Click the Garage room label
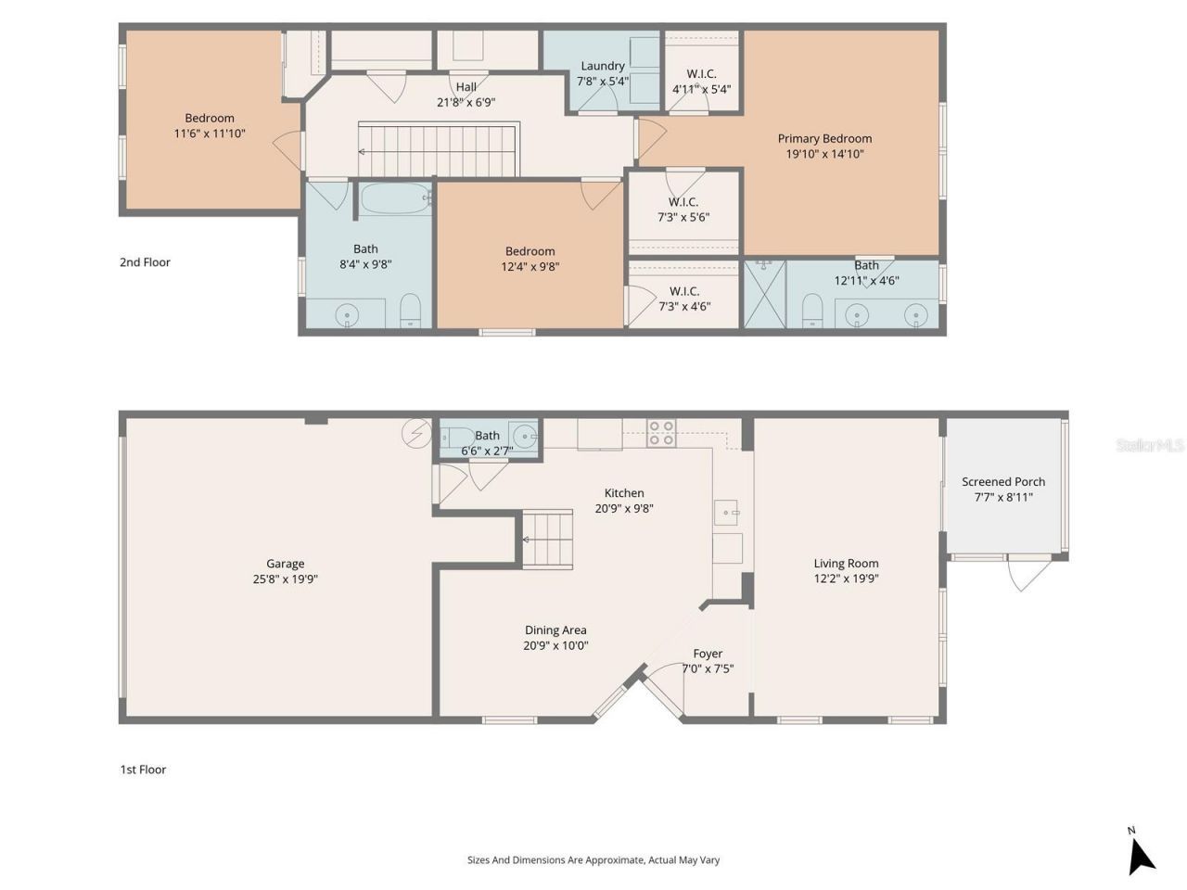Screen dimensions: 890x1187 (x=285, y=563)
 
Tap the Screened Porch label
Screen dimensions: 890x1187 (x=1002, y=481)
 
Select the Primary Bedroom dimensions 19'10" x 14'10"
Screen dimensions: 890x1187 (x=824, y=154)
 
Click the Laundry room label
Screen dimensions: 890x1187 (x=602, y=66)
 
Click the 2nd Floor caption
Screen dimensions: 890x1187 (x=145, y=262)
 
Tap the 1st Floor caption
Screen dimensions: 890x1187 (x=143, y=769)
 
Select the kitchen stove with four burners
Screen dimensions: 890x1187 (x=661, y=433)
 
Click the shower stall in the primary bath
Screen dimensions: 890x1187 (x=764, y=293)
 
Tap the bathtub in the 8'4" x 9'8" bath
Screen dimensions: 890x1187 (x=395, y=198)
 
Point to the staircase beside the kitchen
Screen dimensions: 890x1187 (x=547, y=539)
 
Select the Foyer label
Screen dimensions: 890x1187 (x=708, y=654)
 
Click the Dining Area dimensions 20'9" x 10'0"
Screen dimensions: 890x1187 (x=555, y=646)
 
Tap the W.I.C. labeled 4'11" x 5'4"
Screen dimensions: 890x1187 (x=701, y=90)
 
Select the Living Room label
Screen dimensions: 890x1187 (x=846, y=563)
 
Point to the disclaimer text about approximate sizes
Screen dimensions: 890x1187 (x=593, y=860)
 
